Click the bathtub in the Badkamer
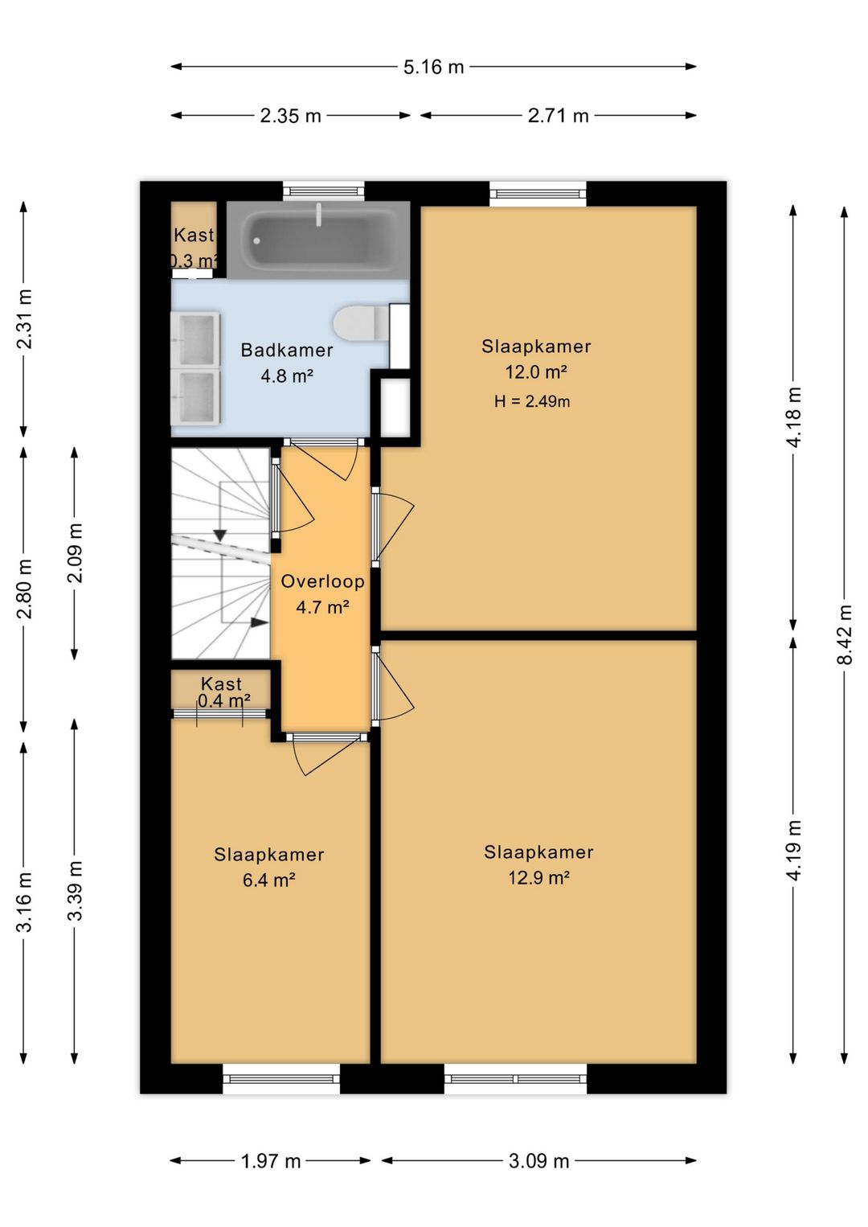[318, 240]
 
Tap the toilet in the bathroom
[362, 322]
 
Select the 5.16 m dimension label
[434, 68]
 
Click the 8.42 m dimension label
[845, 635]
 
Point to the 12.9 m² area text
[538, 878]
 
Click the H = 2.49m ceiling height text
[532, 401]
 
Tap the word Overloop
[322, 581]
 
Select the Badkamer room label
[287, 350]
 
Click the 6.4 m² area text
[269, 880]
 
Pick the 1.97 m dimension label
[271, 1159]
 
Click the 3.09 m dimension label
[538, 1159]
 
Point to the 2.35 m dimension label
[290, 116]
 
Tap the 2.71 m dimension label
[558, 116]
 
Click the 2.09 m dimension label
[76, 553]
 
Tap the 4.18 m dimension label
[793, 417]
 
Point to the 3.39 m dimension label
[76, 890]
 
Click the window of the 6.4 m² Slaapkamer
[281, 1079]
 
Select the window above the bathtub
[324, 191]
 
